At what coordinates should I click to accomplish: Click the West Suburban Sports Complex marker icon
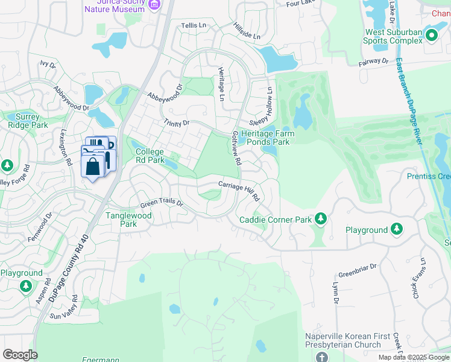tap(431, 36)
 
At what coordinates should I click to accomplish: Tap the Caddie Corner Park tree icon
tap(321, 218)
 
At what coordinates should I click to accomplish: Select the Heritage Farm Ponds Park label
tap(265, 138)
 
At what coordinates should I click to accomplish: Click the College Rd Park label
tap(150, 156)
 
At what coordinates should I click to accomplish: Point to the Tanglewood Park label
tap(128, 220)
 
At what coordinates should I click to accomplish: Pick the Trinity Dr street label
tap(176, 123)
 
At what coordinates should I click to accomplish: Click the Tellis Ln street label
tap(194, 26)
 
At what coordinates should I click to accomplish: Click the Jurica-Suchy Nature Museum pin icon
tap(154, 5)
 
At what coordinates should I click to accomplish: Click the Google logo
tap(20, 355)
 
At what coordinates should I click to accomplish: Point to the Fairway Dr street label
tap(373, 61)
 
